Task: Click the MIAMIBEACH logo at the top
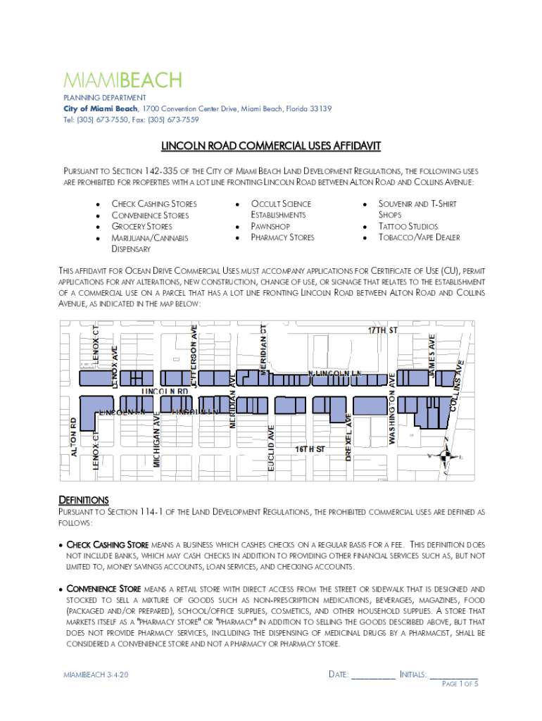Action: (x=123, y=80)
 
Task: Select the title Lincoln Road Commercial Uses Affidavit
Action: (x=271, y=146)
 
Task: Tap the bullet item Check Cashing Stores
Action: (x=154, y=203)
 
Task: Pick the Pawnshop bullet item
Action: (x=270, y=227)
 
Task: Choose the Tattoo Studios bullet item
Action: (x=408, y=227)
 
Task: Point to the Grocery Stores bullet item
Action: (x=141, y=227)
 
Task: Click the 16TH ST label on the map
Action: (x=310, y=449)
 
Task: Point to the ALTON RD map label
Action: (x=73, y=437)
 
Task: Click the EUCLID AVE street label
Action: (x=271, y=444)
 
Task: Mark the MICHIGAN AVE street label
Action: (x=158, y=439)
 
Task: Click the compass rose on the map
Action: (x=445, y=456)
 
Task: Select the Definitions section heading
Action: (x=83, y=500)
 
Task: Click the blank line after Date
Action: (x=373, y=675)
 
